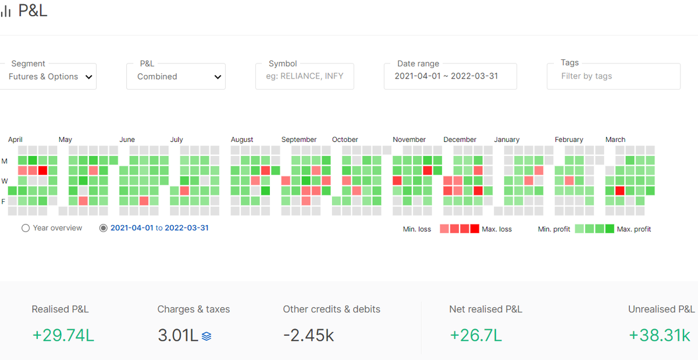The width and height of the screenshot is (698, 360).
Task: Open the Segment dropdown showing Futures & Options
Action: tap(48, 76)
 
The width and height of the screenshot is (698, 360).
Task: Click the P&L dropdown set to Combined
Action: tap(176, 76)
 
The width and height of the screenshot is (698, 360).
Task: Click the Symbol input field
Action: tap(304, 76)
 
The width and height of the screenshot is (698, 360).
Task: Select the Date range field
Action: tap(450, 76)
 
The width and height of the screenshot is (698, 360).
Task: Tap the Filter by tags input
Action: tap(614, 76)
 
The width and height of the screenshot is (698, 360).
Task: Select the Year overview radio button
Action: tap(26, 228)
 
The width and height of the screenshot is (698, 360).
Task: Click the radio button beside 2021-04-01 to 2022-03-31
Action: tap(103, 228)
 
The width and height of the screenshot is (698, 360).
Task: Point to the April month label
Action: tap(15, 140)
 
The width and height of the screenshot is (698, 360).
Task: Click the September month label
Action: tap(299, 140)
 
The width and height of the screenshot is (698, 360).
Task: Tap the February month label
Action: tap(569, 140)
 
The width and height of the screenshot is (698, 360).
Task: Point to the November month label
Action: tap(409, 140)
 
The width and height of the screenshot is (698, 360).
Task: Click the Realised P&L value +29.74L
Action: tap(63, 336)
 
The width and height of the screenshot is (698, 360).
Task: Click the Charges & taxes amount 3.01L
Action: tap(178, 336)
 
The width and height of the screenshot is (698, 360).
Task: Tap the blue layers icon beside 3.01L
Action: tap(206, 336)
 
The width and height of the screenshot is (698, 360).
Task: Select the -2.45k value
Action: tap(308, 336)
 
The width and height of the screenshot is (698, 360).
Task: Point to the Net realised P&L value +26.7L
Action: tap(476, 336)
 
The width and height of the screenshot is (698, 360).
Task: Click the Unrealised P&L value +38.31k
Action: tap(660, 336)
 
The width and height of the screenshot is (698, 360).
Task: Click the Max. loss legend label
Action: tap(497, 229)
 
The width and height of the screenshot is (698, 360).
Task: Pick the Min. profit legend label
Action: tap(554, 229)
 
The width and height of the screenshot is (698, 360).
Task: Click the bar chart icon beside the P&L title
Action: tap(6, 10)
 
